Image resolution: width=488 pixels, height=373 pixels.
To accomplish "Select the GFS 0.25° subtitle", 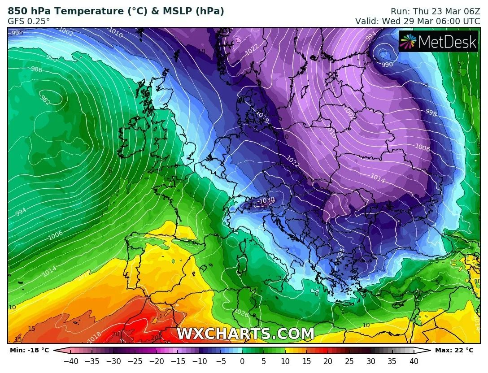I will (x=29, y=21).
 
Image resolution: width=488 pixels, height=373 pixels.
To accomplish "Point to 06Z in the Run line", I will (x=471, y=11).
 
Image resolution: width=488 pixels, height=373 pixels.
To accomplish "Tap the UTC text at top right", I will (x=471, y=21).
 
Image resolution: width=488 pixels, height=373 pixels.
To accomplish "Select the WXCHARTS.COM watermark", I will (x=245, y=334).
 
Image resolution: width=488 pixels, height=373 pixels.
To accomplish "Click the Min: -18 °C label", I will (x=29, y=350).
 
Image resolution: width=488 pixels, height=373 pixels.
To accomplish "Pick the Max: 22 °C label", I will (x=454, y=350).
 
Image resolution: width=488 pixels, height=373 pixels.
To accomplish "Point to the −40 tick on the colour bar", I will (x=70, y=361).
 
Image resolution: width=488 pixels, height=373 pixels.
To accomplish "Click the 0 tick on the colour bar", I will (x=242, y=361).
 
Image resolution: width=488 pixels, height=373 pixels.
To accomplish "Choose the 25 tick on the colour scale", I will (x=349, y=361).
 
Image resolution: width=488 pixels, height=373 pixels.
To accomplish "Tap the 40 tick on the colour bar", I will (x=414, y=361).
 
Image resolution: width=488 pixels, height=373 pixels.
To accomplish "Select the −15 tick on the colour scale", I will (x=178, y=361).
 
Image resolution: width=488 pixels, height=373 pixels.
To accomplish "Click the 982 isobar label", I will (x=45, y=100).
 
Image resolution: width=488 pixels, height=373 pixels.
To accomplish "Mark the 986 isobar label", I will (x=37, y=69).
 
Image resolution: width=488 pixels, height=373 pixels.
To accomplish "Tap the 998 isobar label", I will (x=431, y=113).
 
